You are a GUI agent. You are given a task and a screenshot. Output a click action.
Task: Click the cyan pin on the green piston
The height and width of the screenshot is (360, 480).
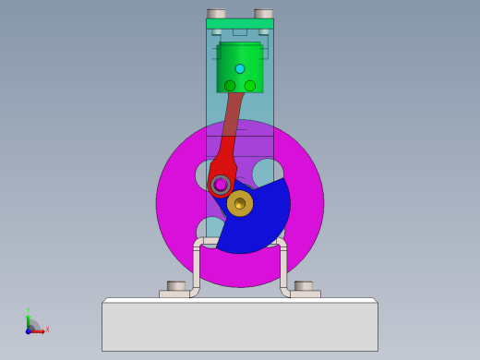(x=240, y=68)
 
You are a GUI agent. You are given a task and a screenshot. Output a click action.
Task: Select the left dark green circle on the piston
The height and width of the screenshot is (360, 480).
(x=230, y=86)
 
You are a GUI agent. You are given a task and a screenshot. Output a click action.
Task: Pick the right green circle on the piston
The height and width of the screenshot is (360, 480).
(x=250, y=86)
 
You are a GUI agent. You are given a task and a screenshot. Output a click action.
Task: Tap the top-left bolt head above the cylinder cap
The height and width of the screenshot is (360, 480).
(x=217, y=14)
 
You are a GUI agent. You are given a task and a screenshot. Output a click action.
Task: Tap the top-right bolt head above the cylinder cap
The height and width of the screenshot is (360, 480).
(x=264, y=14)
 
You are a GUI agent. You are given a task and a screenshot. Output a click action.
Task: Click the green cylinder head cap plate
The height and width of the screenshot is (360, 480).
(x=240, y=24)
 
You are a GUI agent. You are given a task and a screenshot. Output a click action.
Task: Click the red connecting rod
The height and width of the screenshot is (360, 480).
(x=231, y=129)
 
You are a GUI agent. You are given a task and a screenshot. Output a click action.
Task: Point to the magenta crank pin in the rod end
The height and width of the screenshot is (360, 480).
(x=221, y=185)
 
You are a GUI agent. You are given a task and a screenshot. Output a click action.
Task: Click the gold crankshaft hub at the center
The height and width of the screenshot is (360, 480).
(x=240, y=203)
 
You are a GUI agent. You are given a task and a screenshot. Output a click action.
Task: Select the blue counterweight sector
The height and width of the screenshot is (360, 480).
(x=258, y=222)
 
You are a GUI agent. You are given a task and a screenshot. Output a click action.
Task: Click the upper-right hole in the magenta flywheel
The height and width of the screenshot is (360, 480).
(x=268, y=173)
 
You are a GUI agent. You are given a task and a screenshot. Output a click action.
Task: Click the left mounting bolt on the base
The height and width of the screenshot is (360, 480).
(x=176, y=286)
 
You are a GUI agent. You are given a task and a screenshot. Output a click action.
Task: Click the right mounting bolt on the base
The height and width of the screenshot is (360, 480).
(x=304, y=286)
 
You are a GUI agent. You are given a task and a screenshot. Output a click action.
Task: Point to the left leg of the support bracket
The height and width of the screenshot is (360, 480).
(x=197, y=268)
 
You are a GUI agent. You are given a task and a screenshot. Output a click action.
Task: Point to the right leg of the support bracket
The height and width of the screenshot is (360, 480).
(x=283, y=268)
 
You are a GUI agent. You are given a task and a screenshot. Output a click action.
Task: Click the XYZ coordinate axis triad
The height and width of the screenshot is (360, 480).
(x=32, y=326)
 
